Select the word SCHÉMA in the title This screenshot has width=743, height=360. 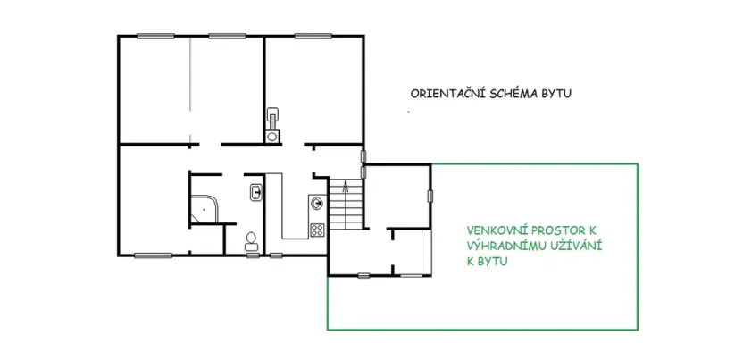point(510,93)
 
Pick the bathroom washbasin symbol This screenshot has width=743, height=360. point(256,191)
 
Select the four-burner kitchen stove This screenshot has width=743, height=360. point(317,229)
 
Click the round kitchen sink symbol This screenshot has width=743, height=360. point(317,202)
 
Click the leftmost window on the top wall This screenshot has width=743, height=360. point(154,36)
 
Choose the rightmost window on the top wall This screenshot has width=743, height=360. point(312,36)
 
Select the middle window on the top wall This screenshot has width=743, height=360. point(227,36)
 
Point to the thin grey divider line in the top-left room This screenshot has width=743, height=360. point(191,89)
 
